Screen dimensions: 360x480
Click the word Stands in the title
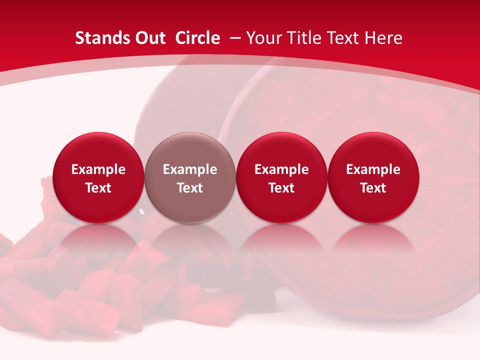[x=100, y=38]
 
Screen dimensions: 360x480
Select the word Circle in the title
[x=197, y=38]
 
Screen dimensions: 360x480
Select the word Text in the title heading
[x=345, y=38]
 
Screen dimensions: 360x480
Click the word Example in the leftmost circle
[x=98, y=169]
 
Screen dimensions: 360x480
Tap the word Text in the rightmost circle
[x=373, y=188]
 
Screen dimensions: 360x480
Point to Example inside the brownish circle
[x=190, y=169]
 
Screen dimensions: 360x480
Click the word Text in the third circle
[x=281, y=188]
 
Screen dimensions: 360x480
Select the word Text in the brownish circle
[x=190, y=188]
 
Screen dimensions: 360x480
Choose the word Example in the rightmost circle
[x=373, y=169]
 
